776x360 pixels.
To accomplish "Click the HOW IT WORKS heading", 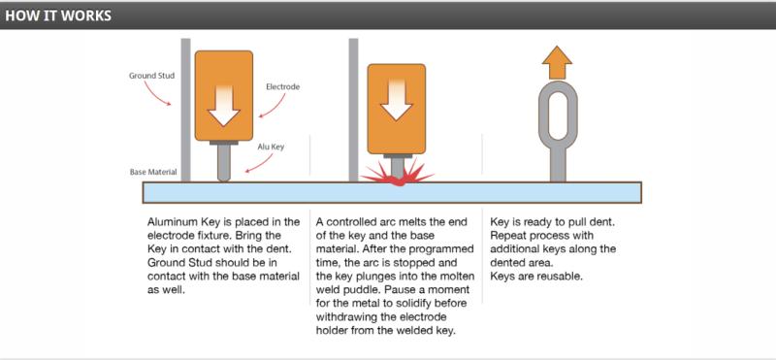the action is coord(58,16).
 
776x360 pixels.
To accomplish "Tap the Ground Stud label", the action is coord(152,76).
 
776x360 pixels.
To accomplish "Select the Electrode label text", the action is coord(282,86).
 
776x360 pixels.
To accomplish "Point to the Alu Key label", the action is coord(271,147).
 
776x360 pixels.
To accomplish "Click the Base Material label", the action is coord(153,173).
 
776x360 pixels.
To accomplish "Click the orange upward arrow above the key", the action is coord(557,62).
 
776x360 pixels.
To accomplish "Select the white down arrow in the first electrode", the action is coord(224,106).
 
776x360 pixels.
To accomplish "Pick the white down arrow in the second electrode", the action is coord(397,100).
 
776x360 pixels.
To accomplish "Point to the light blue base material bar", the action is coord(392,192).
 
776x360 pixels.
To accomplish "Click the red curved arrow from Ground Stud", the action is coord(156,93).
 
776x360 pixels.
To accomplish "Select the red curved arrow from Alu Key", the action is coord(260,164).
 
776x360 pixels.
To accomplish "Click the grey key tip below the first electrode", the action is coord(224,163).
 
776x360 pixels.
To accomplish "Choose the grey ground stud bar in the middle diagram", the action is coord(353,110).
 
